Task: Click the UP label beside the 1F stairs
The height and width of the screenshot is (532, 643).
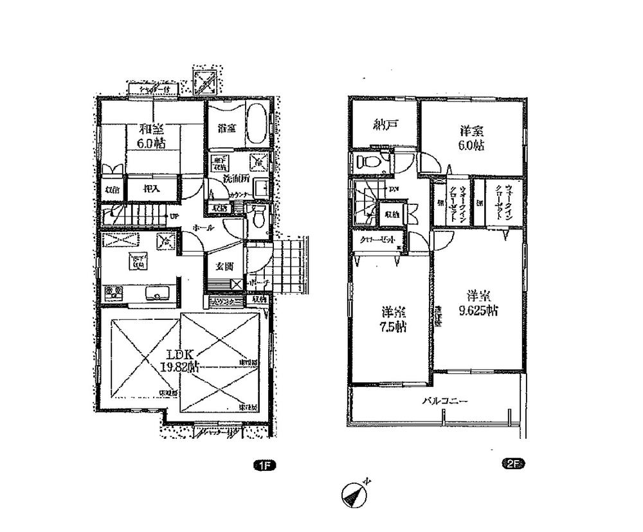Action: click(174, 215)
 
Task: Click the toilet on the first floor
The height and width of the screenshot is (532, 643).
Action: click(259, 217)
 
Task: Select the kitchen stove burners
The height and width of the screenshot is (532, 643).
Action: click(114, 293)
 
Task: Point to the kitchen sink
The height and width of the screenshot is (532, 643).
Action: click(157, 294)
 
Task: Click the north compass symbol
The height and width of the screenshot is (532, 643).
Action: click(354, 495)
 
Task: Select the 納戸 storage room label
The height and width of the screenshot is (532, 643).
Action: click(383, 126)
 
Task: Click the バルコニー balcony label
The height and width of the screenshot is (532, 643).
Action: click(445, 402)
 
